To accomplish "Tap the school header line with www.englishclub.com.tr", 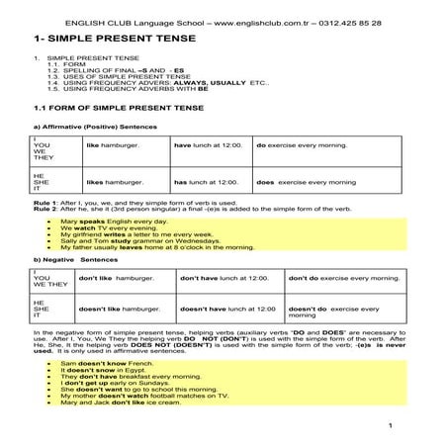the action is click(x=223, y=20).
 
